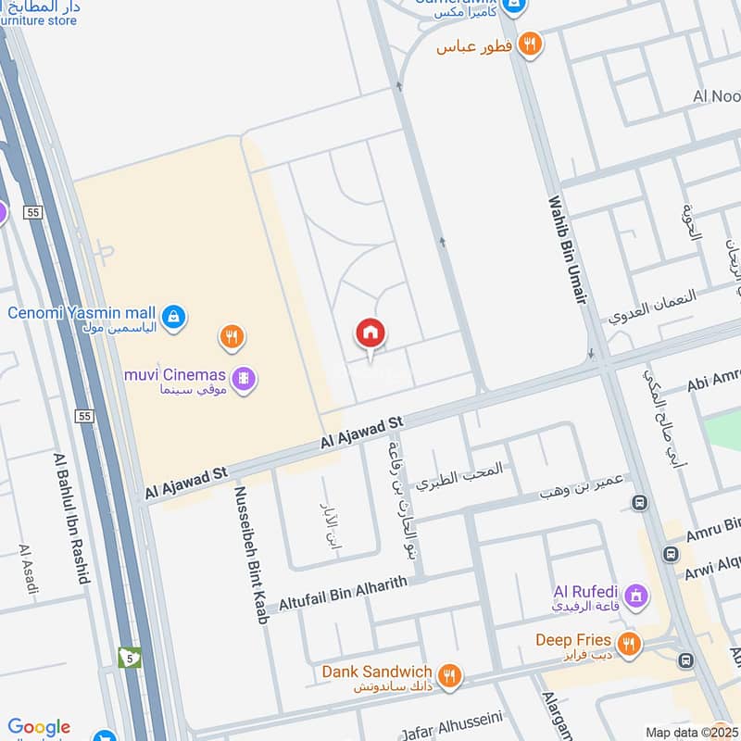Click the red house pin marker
pyautogui.click(x=370, y=333)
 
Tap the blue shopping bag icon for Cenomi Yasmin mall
pyautogui.click(x=173, y=318)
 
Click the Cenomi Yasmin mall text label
pyautogui.click(x=82, y=312)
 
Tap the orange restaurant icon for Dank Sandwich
pyautogui.click(x=449, y=674)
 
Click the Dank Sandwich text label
pyautogui.click(x=377, y=672)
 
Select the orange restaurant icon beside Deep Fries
pyautogui.click(x=629, y=643)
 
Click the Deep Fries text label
pyautogui.click(x=573, y=640)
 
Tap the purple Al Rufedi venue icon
pyautogui.click(x=636, y=594)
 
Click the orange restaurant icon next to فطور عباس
pyautogui.click(x=529, y=43)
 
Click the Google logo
pyautogui.click(x=39, y=728)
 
